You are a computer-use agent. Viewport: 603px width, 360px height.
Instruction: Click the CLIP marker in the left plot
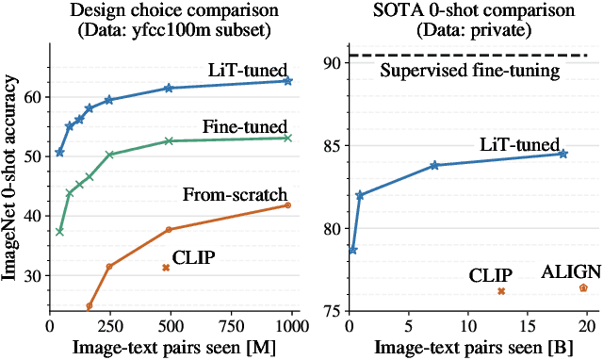pos(166,268)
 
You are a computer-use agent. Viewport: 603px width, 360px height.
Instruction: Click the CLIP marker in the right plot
pos(501,291)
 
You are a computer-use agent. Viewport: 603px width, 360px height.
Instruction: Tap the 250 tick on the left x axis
pos(110,324)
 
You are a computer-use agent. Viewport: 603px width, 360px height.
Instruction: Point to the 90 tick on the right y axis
pos(331,64)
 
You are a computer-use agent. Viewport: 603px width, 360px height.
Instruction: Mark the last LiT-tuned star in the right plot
pos(563,154)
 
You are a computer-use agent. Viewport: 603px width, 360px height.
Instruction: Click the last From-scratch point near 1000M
pos(287,205)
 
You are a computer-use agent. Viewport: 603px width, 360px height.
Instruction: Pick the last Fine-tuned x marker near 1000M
pos(287,138)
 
